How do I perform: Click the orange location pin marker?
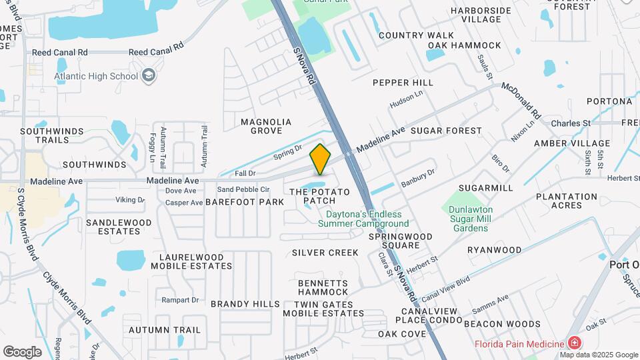pyautogui.click(x=320, y=160)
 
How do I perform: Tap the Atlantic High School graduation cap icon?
pyautogui.click(x=149, y=75)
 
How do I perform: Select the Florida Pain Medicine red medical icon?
pyautogui.click(x=574, y=343)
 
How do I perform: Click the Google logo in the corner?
pyautogui.click(x=22, y=352)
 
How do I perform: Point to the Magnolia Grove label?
pyautogui.click(x=267, y=127)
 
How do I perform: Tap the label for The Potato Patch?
pyautogui.click(x=319, y=196)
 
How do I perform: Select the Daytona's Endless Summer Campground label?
pyautogui.click(x=367, y=219)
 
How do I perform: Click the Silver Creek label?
pyautogui.click(x=325, y=253)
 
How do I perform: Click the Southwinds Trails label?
pyautogui.click(x=45, y=135)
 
